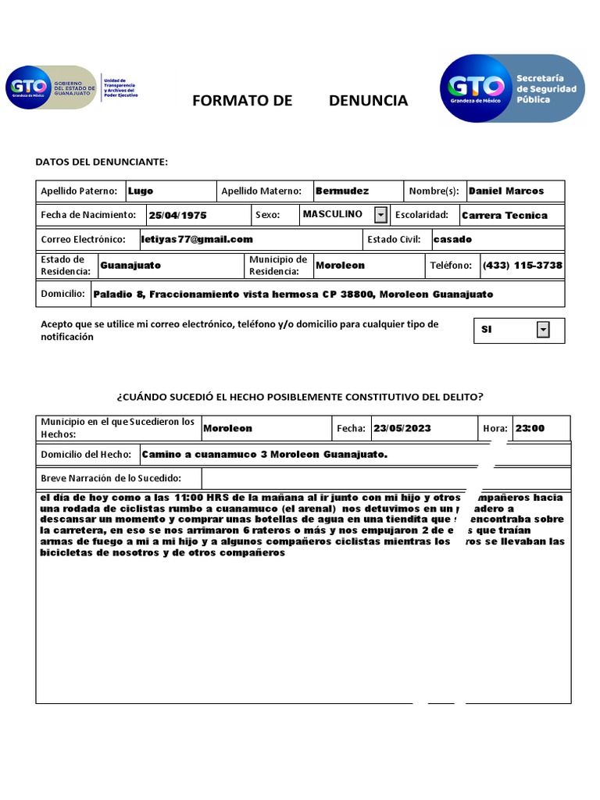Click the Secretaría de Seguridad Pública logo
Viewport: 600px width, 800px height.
[x=512, y=88]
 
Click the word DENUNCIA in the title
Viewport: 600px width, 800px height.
[x=368, y=100]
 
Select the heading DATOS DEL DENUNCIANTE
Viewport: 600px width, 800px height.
[x=102, y=162]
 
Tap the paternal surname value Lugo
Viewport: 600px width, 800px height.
[x=141, y=191]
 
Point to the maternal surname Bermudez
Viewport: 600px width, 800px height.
[x=342, y=191]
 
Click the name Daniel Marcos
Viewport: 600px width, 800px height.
[x=505, y=191]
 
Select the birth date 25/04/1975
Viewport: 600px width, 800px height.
[x=177, y=215]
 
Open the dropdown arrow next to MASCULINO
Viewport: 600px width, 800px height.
[x=380, y=214]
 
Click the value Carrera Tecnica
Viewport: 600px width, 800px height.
[x=505, y=215]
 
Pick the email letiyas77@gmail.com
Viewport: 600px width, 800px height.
[x=197, y=239]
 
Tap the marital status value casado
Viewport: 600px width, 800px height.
[x=452, y=239]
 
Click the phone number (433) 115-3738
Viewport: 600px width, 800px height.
[x=522, y=265]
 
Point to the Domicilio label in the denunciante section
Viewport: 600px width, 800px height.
[x=62, y=294]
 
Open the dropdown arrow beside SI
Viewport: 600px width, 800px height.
[x=543, y=330]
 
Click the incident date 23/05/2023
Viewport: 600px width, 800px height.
[x=402, y=428]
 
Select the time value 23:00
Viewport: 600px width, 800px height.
[x=530, y=428]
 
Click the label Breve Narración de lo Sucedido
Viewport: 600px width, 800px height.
[x=111, y=478]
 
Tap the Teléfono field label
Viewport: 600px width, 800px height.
[x=451, y=266]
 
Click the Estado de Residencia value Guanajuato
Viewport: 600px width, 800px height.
[x=130, y=265]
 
